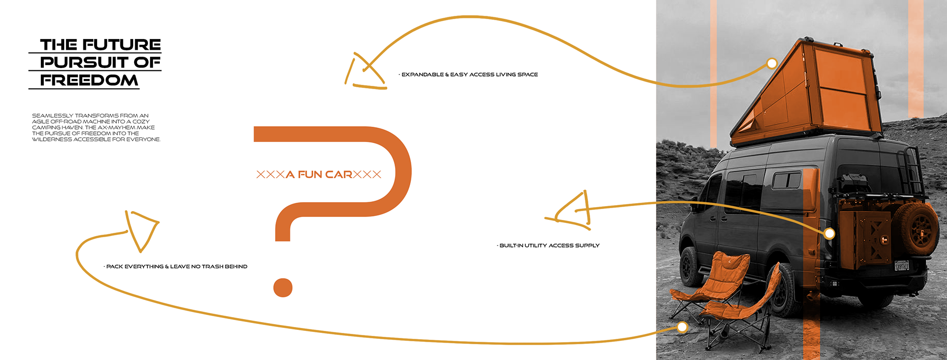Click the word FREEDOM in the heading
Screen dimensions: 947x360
(x=89, y=80)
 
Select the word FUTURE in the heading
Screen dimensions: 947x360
(x=121, y=44)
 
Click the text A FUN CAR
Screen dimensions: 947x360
(x=319, y=175)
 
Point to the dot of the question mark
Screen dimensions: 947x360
(x=283, y=288)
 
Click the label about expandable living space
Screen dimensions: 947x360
(x=469, y=74)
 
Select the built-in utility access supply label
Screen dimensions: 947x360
(x=549, y=246)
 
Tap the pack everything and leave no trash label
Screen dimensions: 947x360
(x=176, y=267)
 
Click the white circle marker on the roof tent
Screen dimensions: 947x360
(x=772, y=63)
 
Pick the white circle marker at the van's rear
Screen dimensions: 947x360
(x=829, y=233)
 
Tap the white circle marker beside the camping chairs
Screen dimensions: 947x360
(x=682, y=326)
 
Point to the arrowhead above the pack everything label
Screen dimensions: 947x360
(x=141, y=228)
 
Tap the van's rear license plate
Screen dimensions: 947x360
(x=902, y=266)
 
